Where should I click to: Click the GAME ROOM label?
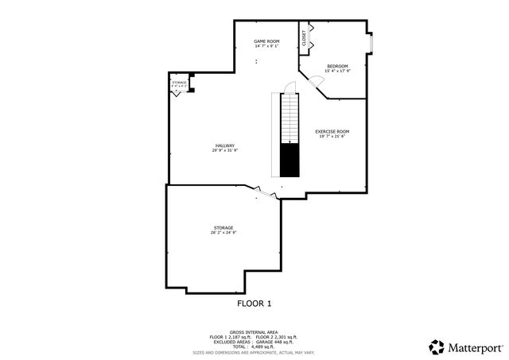266,41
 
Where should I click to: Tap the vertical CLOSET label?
304,37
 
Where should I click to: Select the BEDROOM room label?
338,66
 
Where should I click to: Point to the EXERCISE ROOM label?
332,131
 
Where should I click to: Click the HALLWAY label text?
225,145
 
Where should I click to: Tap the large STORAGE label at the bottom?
223,228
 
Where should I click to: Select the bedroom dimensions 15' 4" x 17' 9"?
338,72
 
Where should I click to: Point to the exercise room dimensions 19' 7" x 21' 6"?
332,137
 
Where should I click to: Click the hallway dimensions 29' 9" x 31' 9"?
225,150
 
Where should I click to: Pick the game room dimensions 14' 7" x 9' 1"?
266,46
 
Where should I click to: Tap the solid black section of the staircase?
289,161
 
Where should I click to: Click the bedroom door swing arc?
316,79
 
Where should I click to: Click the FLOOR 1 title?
254,303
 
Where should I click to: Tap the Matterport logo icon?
437,347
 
